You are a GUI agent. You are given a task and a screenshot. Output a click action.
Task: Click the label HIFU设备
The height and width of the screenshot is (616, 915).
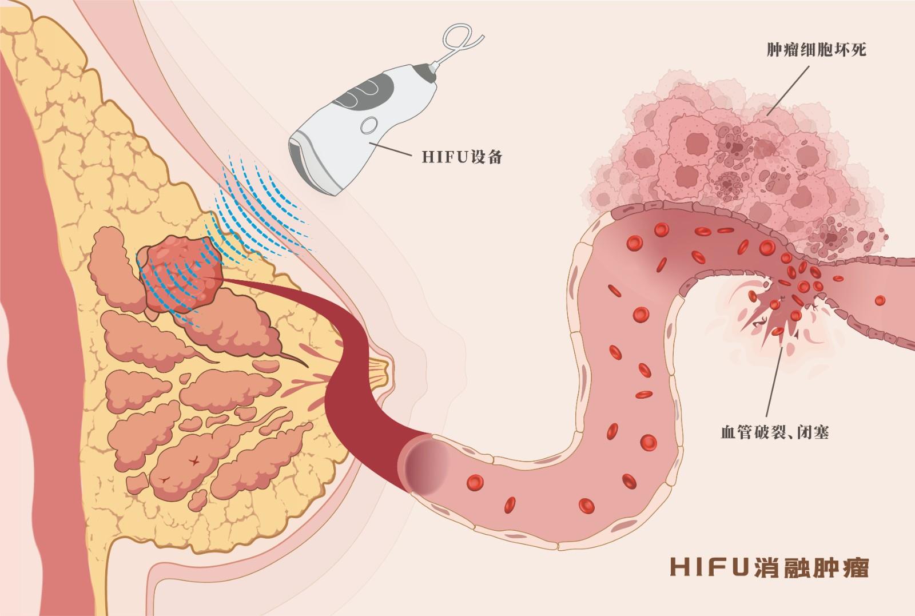coord(462,156)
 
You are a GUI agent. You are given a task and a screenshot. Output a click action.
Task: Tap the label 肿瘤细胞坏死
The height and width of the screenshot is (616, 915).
coord(816,50)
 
